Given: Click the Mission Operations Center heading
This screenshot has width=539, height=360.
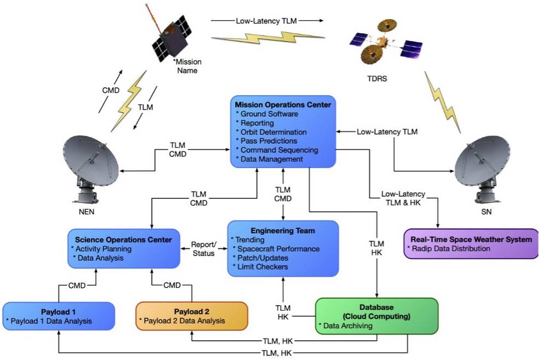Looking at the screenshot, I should (x=283, y=104).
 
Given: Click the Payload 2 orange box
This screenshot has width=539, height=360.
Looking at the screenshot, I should (x=192, y=316).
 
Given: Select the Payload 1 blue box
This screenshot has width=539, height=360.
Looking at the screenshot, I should (x=59, y=316).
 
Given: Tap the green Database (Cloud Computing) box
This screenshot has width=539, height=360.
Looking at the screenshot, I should (x=377, y=316).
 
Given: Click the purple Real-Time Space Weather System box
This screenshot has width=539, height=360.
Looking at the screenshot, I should (x=470, y=244).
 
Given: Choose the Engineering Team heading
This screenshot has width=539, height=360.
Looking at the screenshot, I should (x=283, y=230).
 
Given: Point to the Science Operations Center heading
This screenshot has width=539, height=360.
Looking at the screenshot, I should (x=123, y=239).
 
